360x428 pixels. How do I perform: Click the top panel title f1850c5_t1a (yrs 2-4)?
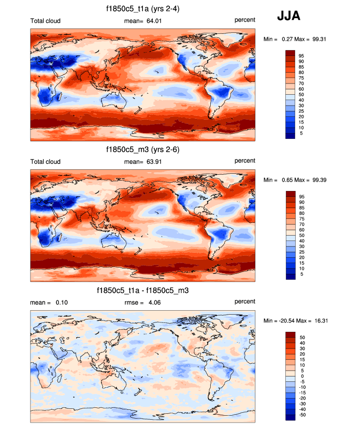click(x=142, y=9)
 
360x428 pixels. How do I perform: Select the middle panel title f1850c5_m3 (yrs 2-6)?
click(x=142, y=150)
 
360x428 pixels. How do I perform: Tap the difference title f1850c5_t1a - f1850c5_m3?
click(x=142, y=291)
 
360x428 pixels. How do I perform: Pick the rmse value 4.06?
click(x=154, y=302)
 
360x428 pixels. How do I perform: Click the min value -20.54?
click(x=289, y=321)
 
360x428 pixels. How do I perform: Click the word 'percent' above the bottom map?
click(x=245, y=301)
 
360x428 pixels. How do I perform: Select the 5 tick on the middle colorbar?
click(x=301, y=274)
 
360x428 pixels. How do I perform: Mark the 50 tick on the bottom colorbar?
click(x=302, y=337)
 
